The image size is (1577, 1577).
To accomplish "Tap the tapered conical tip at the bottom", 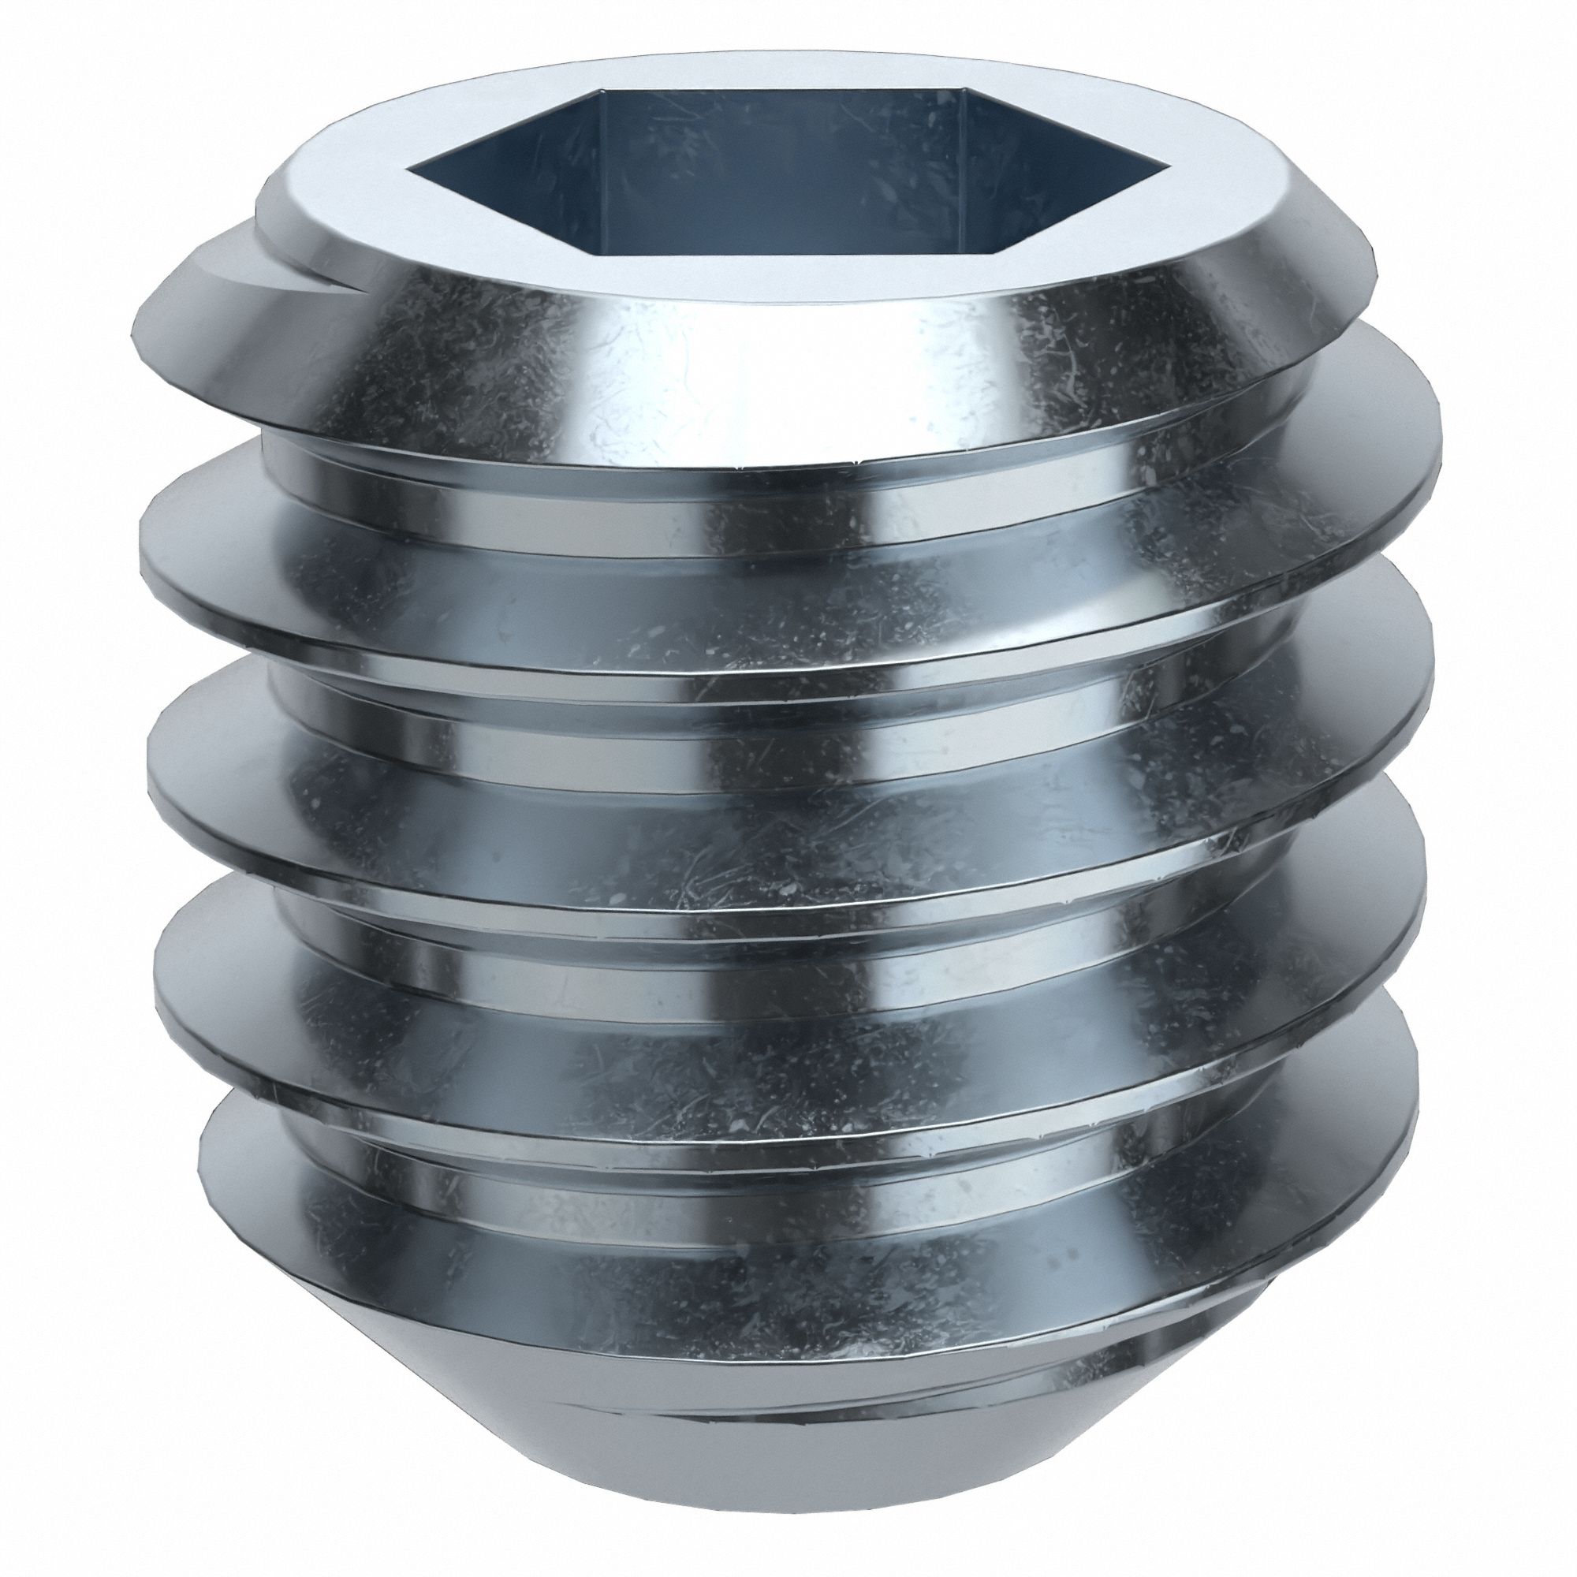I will point(784,1461).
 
